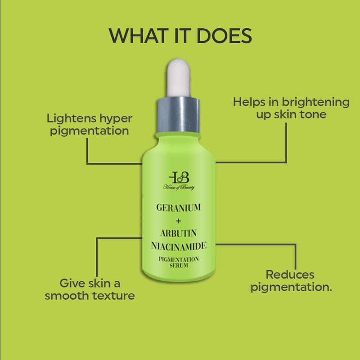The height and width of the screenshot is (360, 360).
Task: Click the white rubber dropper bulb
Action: tap(179, 77)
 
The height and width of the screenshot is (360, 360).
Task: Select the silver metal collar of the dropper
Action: tap(178, 115)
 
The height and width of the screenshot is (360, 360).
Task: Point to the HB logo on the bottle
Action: tap(179, 177)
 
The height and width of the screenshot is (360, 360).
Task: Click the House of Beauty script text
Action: tap(179, 187)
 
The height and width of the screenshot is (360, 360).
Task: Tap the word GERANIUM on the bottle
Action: tap(179, 207)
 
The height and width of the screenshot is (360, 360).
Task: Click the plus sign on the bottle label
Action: tap(178, 221)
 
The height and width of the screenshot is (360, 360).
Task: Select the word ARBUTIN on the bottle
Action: tap(178, 233)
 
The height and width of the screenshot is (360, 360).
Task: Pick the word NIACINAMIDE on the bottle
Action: tap(179, 246)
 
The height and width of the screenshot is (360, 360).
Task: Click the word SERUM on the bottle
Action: tap(179, 265)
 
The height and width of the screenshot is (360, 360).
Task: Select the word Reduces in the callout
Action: tap(290, 274)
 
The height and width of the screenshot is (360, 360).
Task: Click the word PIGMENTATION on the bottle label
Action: tap(179, 259)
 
